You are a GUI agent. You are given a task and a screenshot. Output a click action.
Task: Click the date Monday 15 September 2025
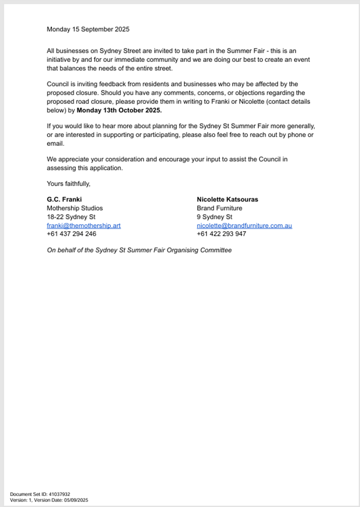88,29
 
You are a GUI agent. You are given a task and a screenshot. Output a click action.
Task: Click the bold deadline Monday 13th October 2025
119,110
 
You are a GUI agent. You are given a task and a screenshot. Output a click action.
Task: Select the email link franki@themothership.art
83,226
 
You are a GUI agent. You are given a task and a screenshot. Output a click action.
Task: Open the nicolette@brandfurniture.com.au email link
244,226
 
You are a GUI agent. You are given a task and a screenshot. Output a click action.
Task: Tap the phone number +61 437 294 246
71,234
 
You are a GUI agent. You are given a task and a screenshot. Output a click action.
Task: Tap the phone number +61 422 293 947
221,234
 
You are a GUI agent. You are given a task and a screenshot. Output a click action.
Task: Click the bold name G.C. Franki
64,199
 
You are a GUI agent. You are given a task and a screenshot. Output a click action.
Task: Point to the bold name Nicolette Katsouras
227,199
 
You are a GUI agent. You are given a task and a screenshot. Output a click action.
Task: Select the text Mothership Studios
74,208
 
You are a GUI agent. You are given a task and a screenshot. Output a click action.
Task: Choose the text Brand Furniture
219,208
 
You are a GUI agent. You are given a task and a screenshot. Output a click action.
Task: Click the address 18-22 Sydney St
71,217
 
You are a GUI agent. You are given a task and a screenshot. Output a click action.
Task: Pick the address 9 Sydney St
214,217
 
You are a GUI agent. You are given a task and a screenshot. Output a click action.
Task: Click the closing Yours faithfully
68,183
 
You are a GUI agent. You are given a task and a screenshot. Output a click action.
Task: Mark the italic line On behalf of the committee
139,250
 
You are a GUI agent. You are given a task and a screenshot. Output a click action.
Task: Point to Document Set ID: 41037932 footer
40,495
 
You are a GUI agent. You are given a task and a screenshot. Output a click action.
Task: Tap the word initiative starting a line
60,59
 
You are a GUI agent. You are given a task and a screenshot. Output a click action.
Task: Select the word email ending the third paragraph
55,143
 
